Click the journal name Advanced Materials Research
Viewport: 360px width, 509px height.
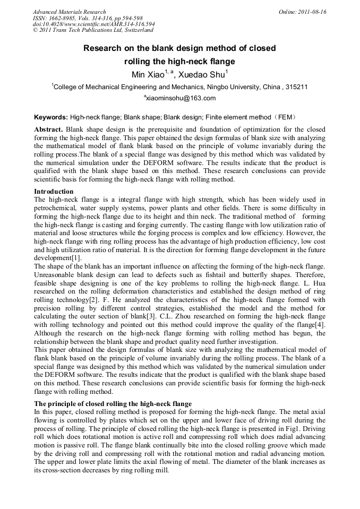(70, 12)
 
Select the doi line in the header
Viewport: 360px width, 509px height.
(94, 24)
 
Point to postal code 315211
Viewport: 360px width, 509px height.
(297, 87)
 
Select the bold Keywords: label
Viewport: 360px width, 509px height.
(51, 117)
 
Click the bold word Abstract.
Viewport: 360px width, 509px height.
(48, 130)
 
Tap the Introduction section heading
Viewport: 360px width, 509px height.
(54, 191)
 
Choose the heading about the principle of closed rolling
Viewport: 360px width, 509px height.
(113, 404)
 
